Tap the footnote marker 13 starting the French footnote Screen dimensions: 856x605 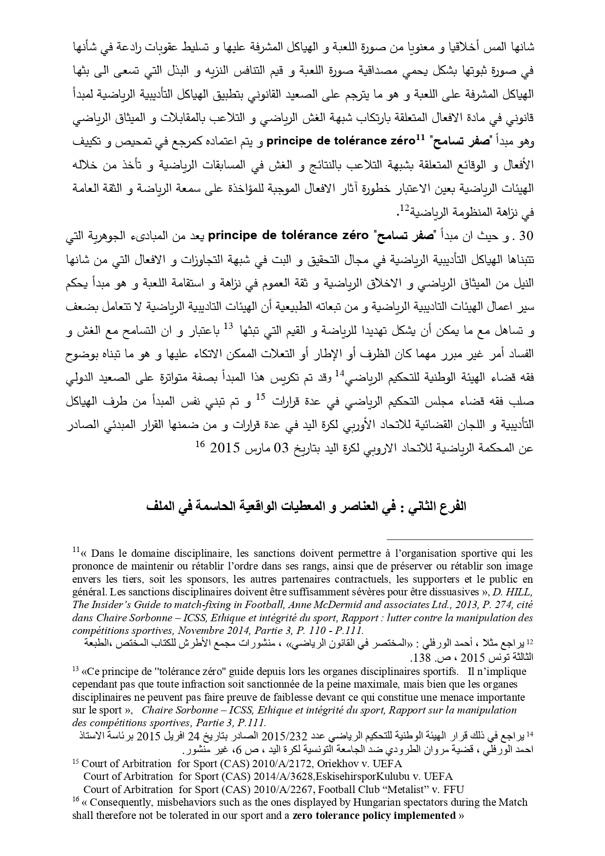pyautogui.click(x=76, y=670)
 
